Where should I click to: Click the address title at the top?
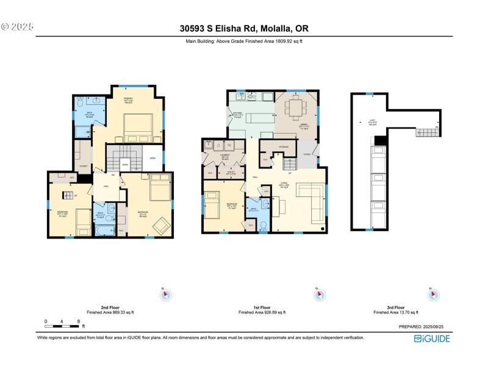click(x=244, y=28)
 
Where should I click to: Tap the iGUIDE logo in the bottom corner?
click(x=432, y=339)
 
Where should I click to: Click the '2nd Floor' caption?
click(x=109, y=307)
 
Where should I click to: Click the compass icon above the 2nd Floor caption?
click(x=164, y=295)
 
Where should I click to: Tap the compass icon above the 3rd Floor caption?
click(x=432, y=295)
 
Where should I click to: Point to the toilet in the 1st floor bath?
click(x=264, y=225)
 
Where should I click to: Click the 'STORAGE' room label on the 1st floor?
click(x=284, y=147)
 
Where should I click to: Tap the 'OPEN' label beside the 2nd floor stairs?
click(x=152, y=158)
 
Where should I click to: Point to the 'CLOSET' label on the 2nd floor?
click(x=84, y=166)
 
